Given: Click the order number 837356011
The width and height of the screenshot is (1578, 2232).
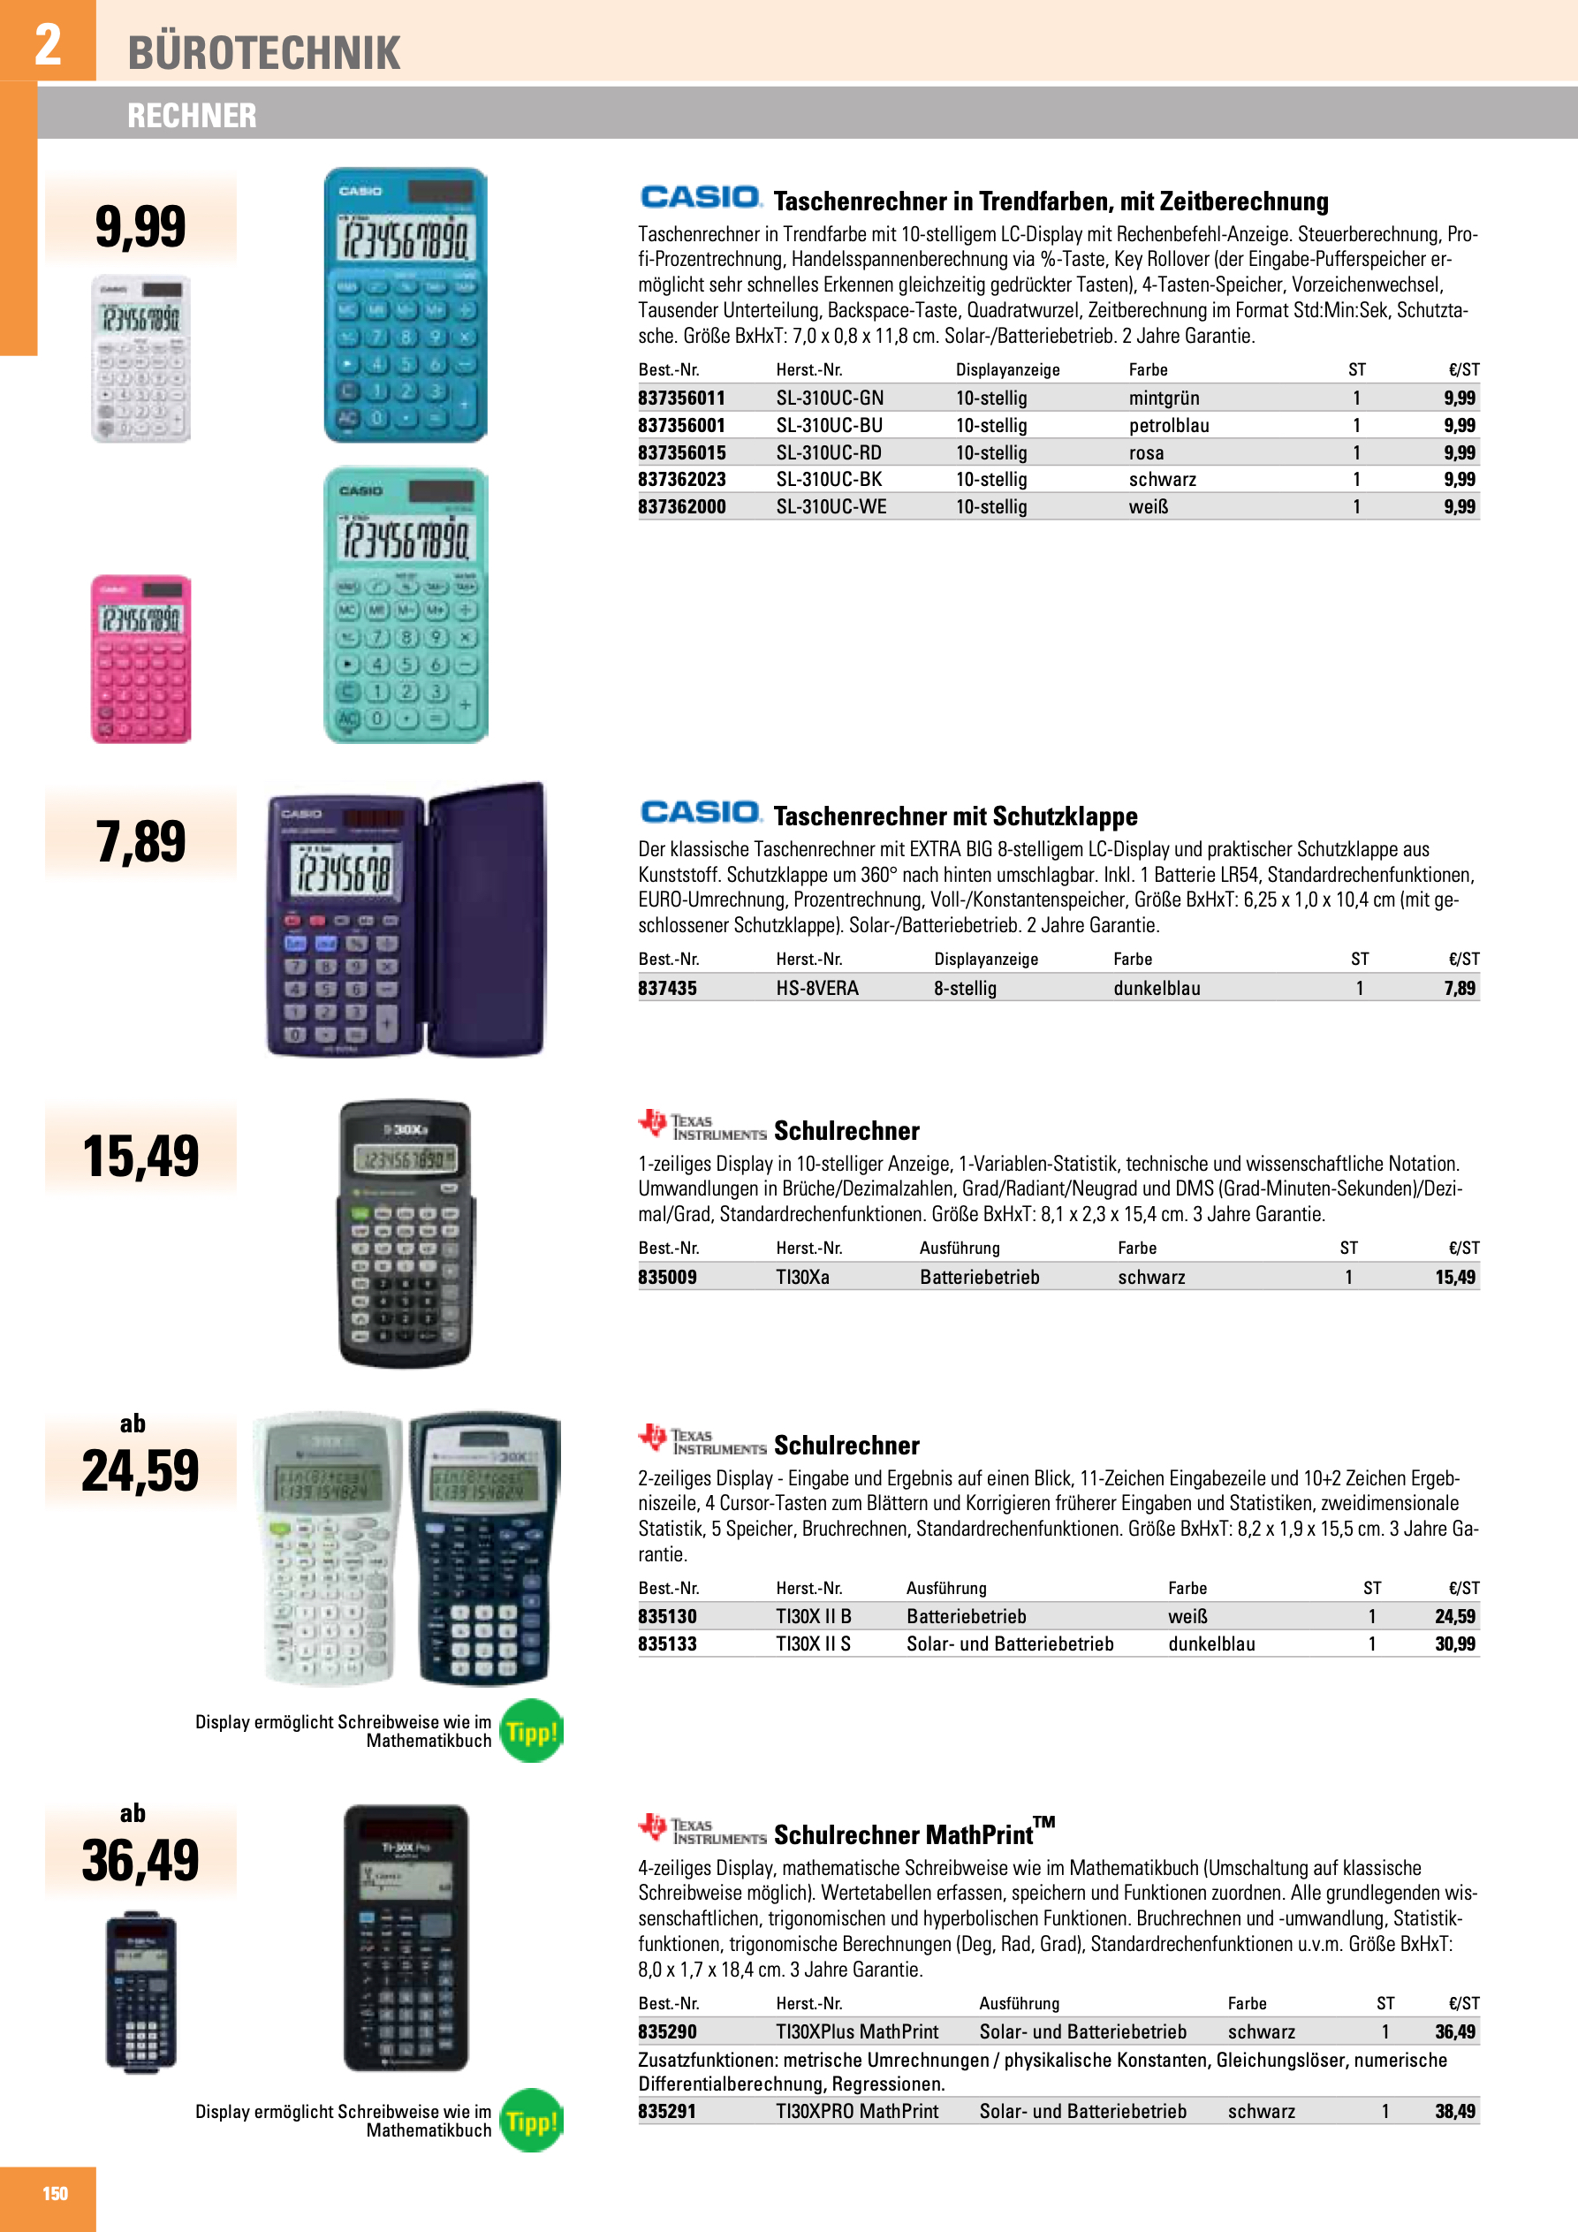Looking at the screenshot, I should point(681,398).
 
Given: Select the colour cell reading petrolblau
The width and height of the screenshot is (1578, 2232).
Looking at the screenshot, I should point(1169,425).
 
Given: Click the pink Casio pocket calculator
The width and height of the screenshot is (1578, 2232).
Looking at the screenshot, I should point(141,659).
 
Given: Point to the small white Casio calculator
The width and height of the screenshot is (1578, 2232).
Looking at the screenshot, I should point(141,359).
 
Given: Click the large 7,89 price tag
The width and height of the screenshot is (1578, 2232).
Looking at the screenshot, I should point(141,841).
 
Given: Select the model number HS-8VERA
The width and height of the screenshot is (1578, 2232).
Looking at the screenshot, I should point(816,988).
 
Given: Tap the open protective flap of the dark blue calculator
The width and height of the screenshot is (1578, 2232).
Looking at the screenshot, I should point(487,919).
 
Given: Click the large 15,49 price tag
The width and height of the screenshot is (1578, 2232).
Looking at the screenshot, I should point(141,1156).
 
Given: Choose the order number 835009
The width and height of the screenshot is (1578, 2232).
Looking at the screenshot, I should point(667,1277).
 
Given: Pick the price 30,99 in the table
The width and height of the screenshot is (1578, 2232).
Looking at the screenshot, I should point(1454,1644).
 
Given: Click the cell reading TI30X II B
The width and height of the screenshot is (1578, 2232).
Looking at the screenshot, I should point(813,1615).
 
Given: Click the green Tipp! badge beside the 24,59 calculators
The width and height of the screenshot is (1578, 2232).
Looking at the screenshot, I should point(531,1731).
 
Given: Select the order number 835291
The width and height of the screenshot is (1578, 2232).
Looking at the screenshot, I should point(667,2110).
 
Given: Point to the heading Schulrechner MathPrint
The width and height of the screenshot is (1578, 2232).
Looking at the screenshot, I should point(903,1834).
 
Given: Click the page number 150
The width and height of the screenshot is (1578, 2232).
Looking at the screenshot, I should point(55,2194).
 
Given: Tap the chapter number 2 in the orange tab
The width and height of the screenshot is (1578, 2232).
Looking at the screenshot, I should point(48,44).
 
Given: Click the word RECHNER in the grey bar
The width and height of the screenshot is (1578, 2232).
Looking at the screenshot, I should point(192,116).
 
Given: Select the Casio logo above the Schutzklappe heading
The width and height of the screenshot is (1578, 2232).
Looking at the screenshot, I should point(700,813).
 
